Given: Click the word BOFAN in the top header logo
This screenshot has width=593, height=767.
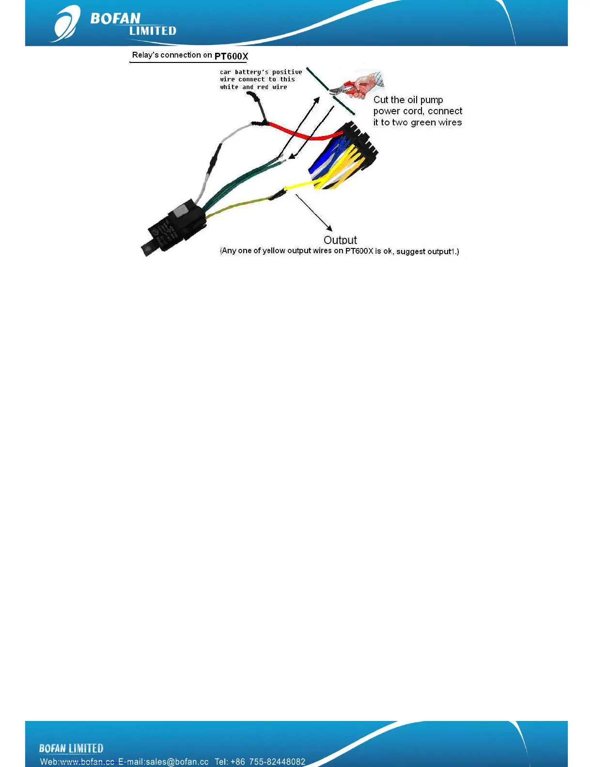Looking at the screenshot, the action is click(115, 18).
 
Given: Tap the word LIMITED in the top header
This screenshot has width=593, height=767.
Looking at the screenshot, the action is click(153, 31).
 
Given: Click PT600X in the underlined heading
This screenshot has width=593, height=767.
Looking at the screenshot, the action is click(231, 56).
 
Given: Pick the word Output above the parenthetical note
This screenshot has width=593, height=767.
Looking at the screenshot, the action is click(340, 240).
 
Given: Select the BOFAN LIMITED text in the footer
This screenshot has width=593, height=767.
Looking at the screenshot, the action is click(71, 749).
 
